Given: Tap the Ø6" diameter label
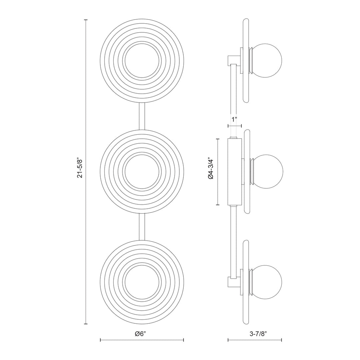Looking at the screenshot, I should coord(142,334).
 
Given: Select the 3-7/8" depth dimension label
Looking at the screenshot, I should coord(255,334).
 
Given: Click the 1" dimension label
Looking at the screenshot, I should coord(235,119).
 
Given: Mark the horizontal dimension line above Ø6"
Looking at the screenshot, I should coord(142,340).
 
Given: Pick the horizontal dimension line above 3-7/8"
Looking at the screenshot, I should coord(255,340).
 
